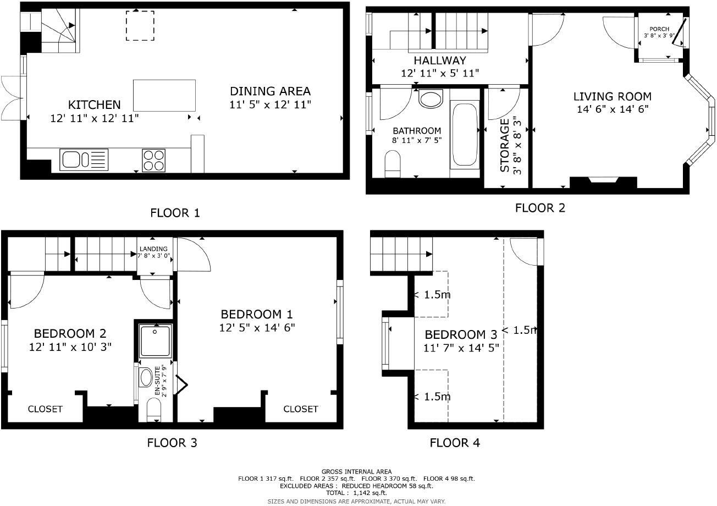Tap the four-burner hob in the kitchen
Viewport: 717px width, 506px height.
pos(154,160)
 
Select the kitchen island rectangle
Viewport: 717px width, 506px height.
pos(164,95)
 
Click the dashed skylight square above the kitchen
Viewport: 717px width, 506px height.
pos(140,25)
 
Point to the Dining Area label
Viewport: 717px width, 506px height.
pos(270,91)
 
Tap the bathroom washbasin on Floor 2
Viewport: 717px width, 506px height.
pos(431,100)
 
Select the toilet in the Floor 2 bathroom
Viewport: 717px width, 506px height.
pos(393,163)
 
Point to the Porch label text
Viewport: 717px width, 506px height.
pos(659,29)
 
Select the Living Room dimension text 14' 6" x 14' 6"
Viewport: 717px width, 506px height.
pos(612,109)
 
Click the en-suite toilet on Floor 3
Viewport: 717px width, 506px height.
pos(155,409)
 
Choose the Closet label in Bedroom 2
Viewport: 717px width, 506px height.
pos(45,409)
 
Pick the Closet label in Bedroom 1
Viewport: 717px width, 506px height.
pos(301,409)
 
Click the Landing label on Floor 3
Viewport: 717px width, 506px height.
pos(154,249)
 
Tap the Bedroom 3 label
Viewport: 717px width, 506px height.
pos(461,334)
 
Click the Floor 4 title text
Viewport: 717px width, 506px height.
pos(455,443)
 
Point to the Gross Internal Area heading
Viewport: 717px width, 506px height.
pos(356,471)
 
